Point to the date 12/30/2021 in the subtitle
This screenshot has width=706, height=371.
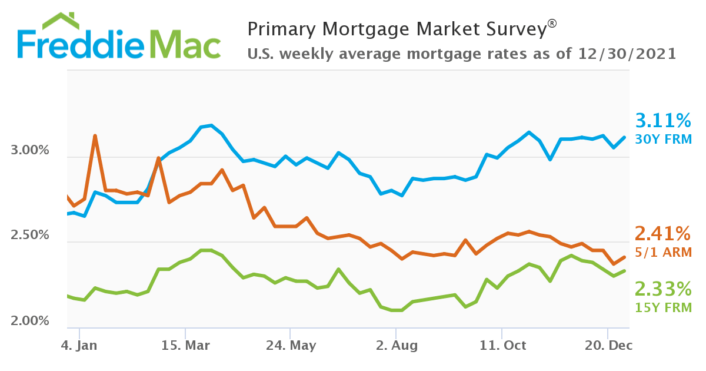(627, 54)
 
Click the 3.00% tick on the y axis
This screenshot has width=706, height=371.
(30, 151)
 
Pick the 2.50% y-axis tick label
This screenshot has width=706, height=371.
(30, 236)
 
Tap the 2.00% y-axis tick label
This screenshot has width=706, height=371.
(30, 322)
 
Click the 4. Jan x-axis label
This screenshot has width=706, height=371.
(79, 346)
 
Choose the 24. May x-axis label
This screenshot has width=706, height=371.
(291, 346)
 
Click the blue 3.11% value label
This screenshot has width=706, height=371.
(663, 121)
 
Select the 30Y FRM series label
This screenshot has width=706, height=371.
(663, 140)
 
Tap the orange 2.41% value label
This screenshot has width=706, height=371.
(663, 234)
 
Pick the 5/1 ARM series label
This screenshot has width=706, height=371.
(663, 252)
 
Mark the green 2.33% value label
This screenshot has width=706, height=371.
(663, 289)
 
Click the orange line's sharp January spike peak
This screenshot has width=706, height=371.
(95, 136)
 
